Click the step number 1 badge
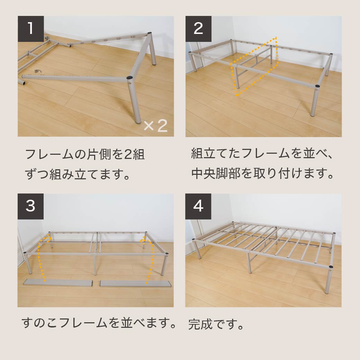pos(30,29)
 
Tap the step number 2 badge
pos(198,29)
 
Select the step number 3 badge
pos(30,206)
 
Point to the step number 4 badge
pos(198,206)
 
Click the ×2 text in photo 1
pos(155,126)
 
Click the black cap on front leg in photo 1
pos(130,78)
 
